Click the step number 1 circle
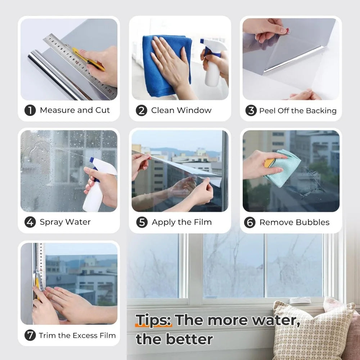click(x=30, y=110)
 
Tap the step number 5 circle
click(x=142, y=222)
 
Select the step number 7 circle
click(x=30, y=335)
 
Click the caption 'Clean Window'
click(x=181, y=110)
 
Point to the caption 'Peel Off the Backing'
click(x=298, y=111)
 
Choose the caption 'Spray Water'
click(x=65, y=222)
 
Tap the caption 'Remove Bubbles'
click(x=294, y=222)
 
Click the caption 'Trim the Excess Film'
click(x=77, y=335)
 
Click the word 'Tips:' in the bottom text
click(x=154, y=320)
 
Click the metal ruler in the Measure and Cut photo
click(x=79, y=65)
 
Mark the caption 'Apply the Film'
click(x=182, y=222)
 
